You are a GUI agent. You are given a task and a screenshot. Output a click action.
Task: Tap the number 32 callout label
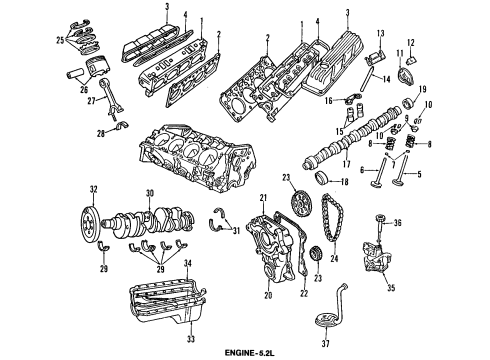click(93, 189)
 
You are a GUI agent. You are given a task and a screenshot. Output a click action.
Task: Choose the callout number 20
click(241, 295)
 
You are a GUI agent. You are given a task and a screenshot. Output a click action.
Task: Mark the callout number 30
click(149, 193)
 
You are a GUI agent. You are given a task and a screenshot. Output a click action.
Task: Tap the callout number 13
click(380, 37)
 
